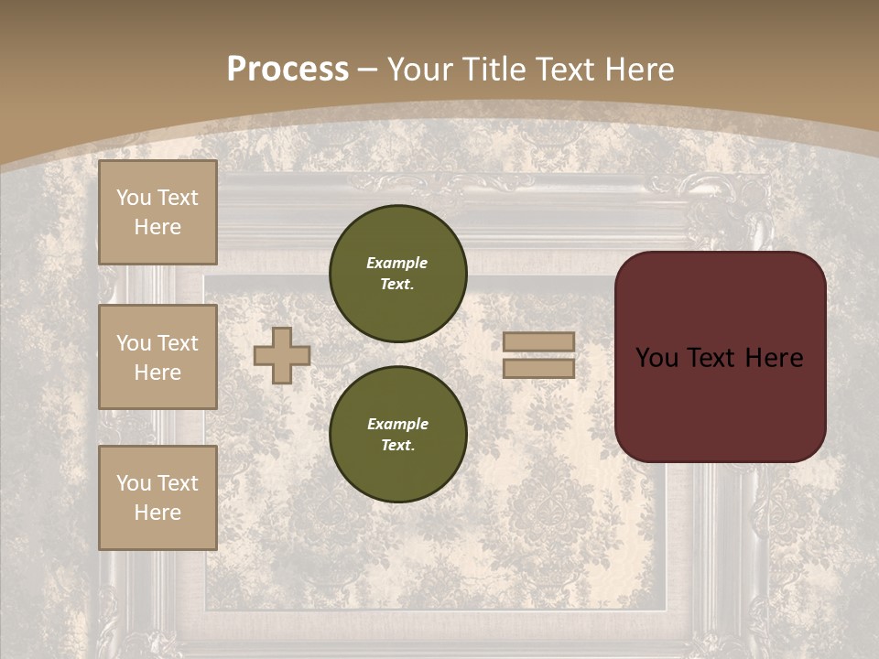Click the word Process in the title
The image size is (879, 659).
(x=288, y=70)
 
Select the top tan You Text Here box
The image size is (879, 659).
(x=157, y=212)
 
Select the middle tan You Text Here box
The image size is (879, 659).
(x=157, y=357)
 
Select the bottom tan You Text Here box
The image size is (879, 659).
(x=157, y=498)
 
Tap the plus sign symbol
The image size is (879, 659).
(x=282, y=355)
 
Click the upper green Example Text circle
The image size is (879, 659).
(x=398, y=274)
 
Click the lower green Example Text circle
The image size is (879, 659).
(x=398, y=435)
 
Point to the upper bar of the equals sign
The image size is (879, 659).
(x=539, y=341)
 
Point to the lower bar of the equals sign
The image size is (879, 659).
(x=539, y=368)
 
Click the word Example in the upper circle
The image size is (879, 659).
(x=397, y=263)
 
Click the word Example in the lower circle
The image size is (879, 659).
(x=397, y=424)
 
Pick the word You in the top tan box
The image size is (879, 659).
(x=133, y=198)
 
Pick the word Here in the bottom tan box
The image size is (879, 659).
(x=157, y=513)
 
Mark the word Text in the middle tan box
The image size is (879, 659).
(x=178, y=343)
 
